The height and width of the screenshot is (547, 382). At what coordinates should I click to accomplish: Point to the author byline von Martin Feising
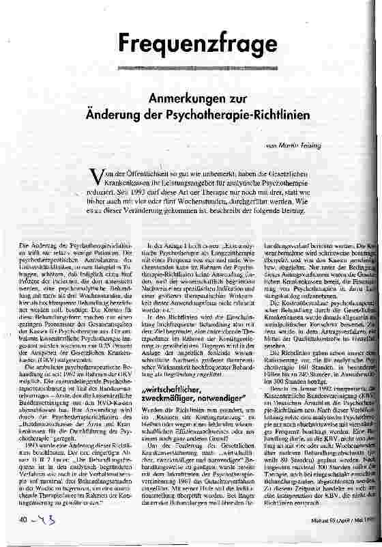(291, 145)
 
